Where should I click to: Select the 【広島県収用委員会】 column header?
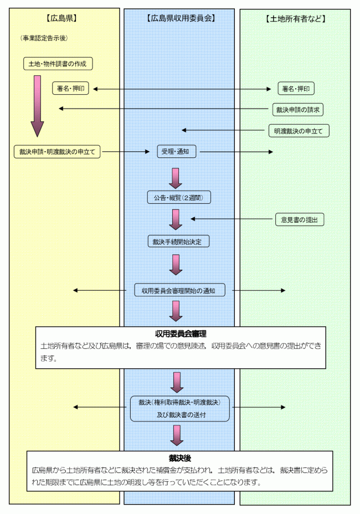tap(181, 18)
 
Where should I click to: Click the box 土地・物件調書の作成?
tap(58, 63)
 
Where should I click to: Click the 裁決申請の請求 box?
tap(298, 109)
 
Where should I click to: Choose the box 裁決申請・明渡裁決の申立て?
tap(57, 152)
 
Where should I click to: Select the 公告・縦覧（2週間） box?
tap(179, 197)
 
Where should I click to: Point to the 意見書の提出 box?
tap(300, 219)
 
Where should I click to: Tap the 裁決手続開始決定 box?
tap(178, 241)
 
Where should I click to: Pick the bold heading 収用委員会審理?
tap(181, 333)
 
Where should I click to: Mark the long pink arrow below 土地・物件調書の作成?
tap(37, 105)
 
